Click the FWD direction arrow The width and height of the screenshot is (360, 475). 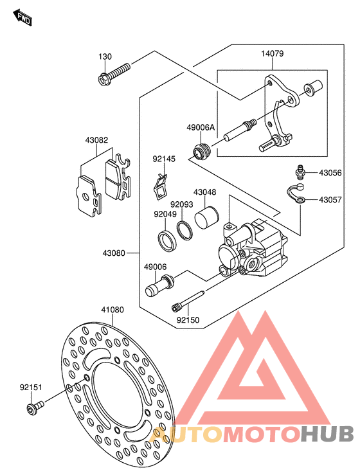(22, 17)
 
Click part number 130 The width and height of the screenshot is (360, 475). (105, 57)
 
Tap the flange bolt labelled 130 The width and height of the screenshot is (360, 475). (114, 74)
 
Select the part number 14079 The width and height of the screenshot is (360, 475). (273, 53)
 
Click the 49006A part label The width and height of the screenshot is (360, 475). (201, 127)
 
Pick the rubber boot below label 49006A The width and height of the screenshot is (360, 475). (201, 151)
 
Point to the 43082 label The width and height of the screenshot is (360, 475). (96, 140)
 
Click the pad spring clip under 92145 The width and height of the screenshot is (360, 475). (160, 187)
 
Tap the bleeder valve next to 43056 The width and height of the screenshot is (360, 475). (300, 172)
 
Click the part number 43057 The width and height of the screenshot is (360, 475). (330, 200)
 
